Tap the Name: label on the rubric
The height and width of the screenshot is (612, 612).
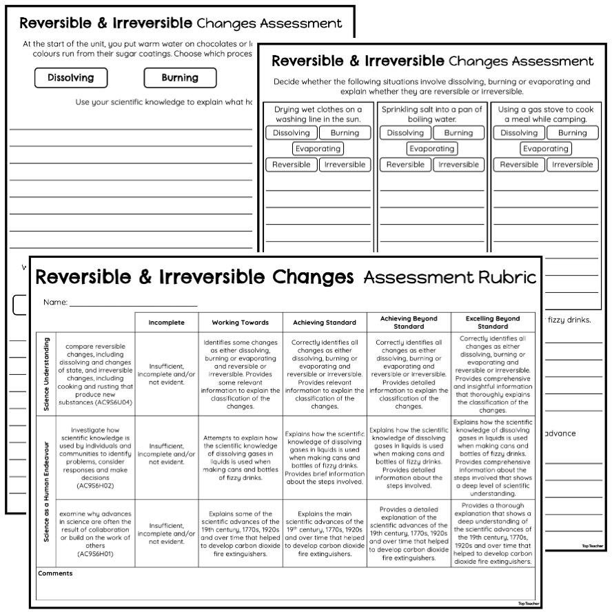coord(55,302)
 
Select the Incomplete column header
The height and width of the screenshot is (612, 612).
coord(167,322)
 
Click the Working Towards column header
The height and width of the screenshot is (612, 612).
coord(241,322)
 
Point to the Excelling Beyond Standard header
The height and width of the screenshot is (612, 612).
coord(493,322)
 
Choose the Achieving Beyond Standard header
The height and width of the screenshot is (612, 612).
coord(409,322)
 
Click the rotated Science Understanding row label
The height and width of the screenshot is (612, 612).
coord(46,374)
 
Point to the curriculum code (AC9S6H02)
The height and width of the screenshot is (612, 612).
coord(95,486)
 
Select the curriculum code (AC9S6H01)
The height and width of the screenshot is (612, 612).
coord(95,553)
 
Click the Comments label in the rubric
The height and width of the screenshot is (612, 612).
coord(55,573)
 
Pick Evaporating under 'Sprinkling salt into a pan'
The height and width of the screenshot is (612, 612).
coord(431,149)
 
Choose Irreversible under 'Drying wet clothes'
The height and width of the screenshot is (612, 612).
coord(345,165)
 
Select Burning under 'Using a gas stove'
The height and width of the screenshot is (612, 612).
coord(572,133)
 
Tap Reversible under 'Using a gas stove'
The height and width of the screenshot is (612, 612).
coord(519,165)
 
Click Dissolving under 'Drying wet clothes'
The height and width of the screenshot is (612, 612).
coord(292,133)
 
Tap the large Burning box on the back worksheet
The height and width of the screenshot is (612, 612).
coord(179,78)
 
